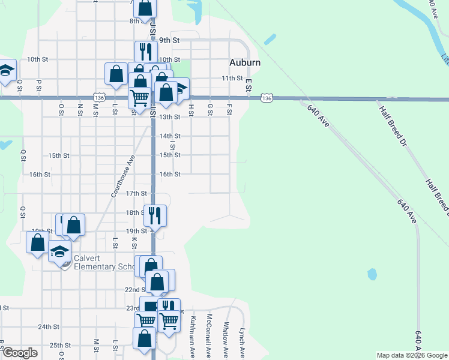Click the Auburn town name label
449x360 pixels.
(245, 62)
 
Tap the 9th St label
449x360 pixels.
(169, 40)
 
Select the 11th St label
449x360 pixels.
(232, 78)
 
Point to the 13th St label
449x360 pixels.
(169, 117)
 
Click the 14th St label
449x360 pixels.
(169, 136)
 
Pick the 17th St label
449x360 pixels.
(136, 193)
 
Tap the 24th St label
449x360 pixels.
(49, 327)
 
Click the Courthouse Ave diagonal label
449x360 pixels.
(122, 176)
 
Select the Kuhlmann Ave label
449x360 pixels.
(193, 335)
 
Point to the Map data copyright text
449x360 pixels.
(412, 355)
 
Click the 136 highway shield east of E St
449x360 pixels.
(267, 97)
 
